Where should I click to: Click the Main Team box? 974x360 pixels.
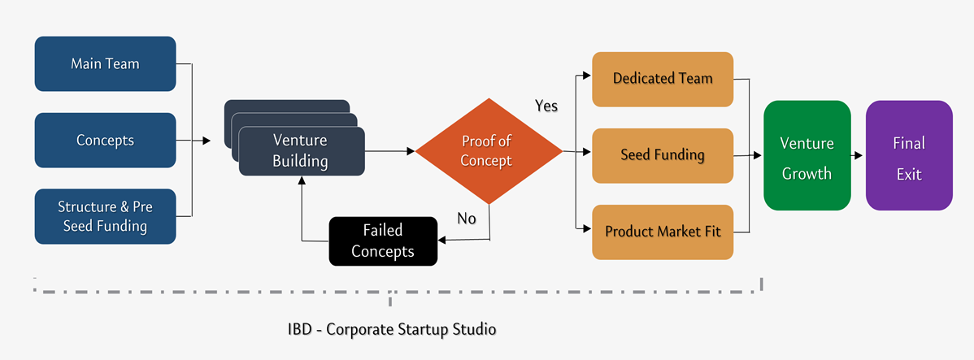tap(105, 64)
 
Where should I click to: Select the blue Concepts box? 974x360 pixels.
tap(105, 141)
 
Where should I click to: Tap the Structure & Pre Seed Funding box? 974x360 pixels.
tap(105, 216)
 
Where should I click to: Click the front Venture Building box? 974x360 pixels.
tap(302, 151)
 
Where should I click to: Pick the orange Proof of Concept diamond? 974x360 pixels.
tap(489, 151)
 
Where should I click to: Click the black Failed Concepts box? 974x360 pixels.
tap(383, 241)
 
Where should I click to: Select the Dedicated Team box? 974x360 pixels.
tap(663, 79)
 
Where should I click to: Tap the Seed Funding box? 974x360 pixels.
tap(663, 155)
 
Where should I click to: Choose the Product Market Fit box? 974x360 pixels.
tap(663, 232)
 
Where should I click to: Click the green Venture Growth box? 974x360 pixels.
tap(807, 155)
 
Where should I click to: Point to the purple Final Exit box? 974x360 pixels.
tap(910, 155)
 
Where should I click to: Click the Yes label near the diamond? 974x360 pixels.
tap(546, 106)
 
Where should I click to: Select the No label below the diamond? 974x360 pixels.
tap(467, 219)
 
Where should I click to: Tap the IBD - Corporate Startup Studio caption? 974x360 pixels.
tap(392, 329)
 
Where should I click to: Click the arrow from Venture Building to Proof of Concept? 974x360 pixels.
tap(390, 151)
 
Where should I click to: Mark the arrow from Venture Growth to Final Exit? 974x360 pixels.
tap(858, 155)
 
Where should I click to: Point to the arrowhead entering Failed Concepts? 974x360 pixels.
tap(441, 240)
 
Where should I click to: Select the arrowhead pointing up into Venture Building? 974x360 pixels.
tap(302, 180)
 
